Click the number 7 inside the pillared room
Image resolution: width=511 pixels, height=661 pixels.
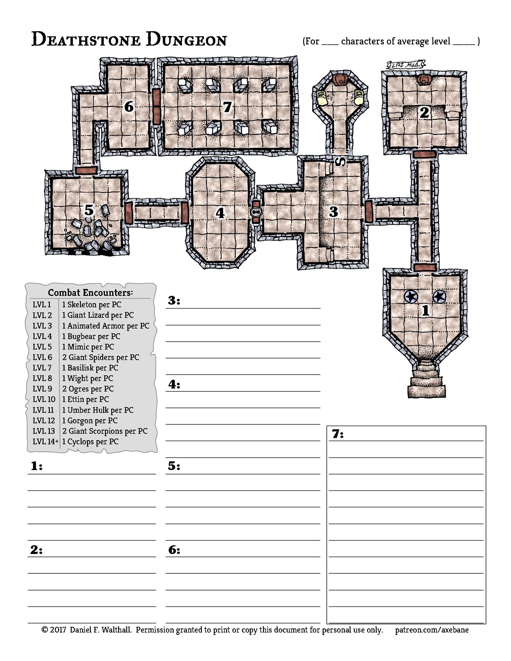point(227,107)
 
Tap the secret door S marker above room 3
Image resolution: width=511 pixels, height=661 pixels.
point(340,162)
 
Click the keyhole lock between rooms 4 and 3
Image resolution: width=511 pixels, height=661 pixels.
point(256,213)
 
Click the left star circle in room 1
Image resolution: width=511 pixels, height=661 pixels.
point(411,297)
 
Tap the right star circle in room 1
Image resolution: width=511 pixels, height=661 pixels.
point(439,297)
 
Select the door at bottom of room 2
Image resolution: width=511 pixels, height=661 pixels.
point(424,154)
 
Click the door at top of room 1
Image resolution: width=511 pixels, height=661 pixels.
point(425,267)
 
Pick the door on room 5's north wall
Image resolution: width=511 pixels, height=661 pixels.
point(87,170)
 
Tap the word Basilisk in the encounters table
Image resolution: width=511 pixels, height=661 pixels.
point(81,368)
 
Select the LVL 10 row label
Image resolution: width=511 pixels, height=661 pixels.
point(44,399)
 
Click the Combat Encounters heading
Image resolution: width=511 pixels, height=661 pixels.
point(90,292)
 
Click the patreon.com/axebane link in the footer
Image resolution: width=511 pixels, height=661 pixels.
point(432,630)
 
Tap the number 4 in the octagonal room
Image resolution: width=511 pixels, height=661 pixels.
point(220,213)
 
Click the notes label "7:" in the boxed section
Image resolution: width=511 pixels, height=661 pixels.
point(338,434)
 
